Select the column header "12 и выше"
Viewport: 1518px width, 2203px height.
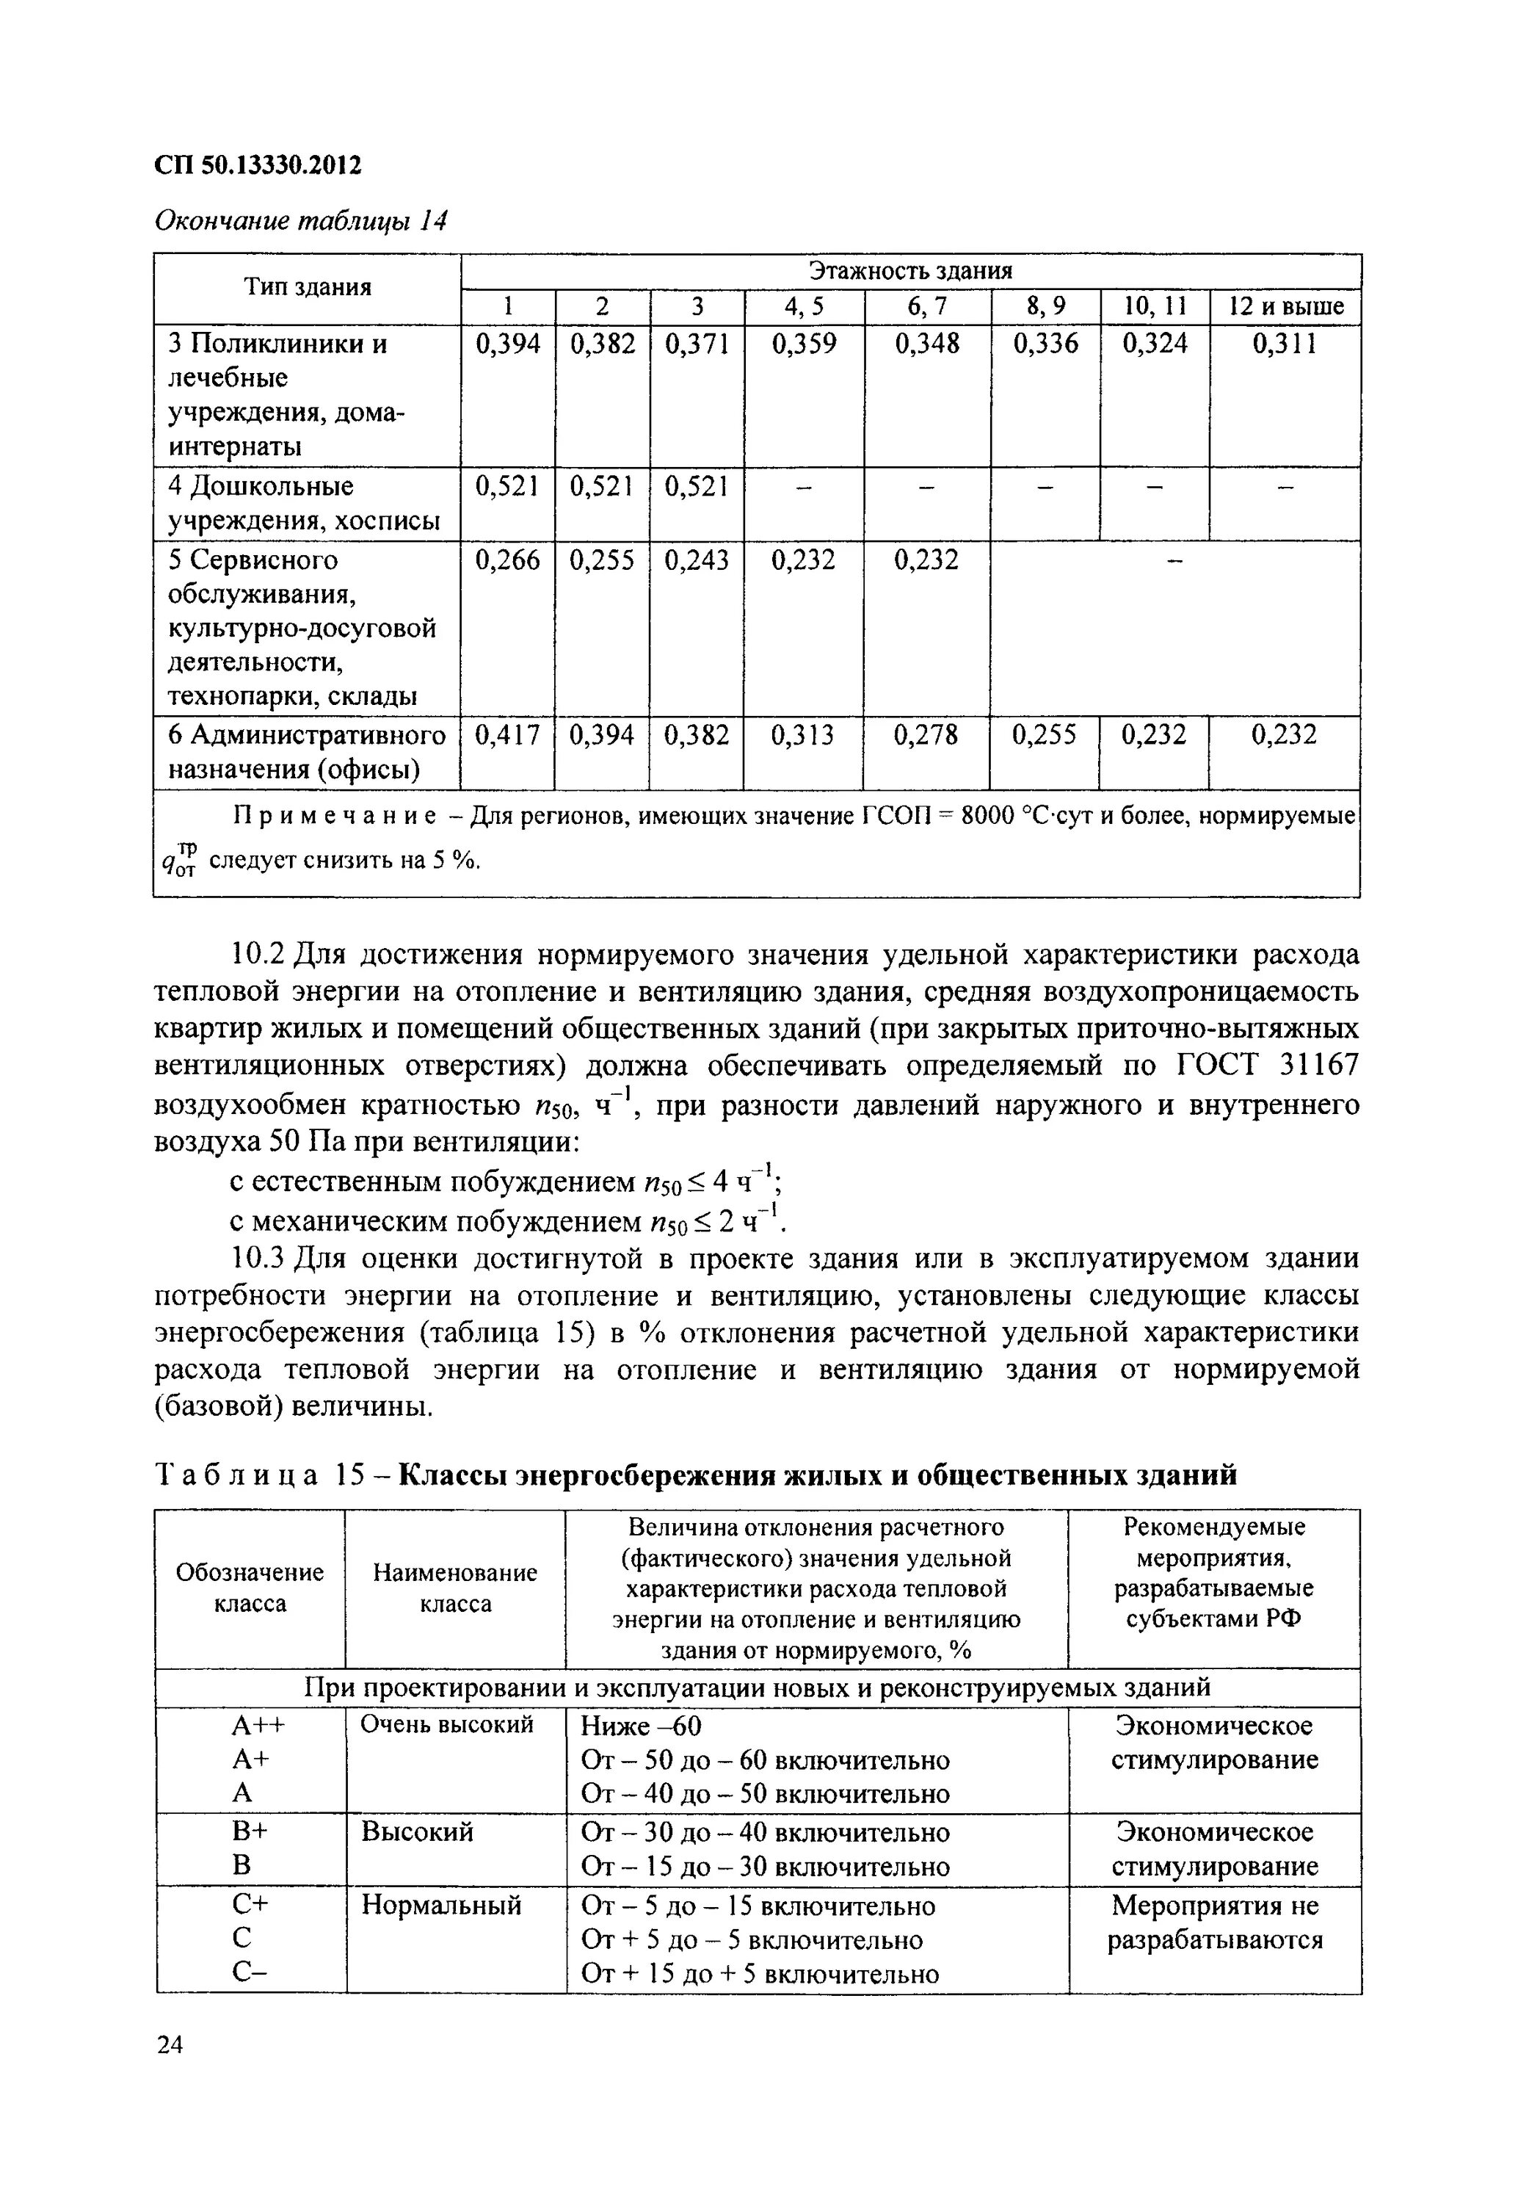coord(1286,306)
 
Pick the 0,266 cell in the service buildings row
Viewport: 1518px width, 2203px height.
coord(507,560)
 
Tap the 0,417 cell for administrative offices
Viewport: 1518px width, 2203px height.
coord(507,735)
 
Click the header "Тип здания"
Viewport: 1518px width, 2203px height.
coord(308,287)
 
